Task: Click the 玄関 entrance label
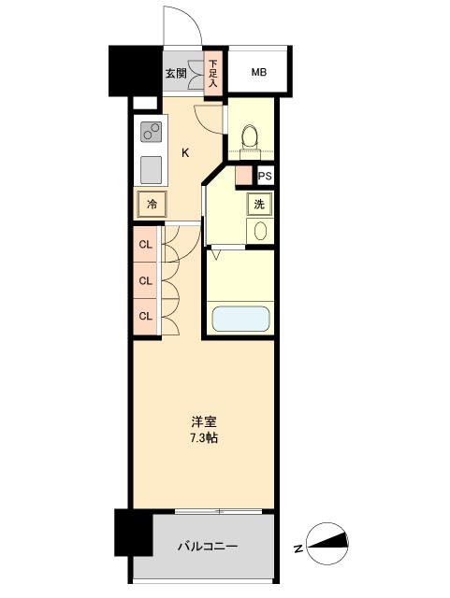coord(175,73)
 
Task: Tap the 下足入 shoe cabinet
coord(213,73)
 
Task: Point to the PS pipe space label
coord(266,176)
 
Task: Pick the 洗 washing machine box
coord(257,205)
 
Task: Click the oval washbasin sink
coord(259,230)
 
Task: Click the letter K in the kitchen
coord(185,152)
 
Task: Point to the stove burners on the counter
coord(150,132)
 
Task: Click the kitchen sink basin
coord(150,169)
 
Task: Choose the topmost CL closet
coord(145,246)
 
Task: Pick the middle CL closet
coord(145,280)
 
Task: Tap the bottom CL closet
coord(145,315)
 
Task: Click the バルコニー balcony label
coord(207,547)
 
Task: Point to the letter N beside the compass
coord(298,548)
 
